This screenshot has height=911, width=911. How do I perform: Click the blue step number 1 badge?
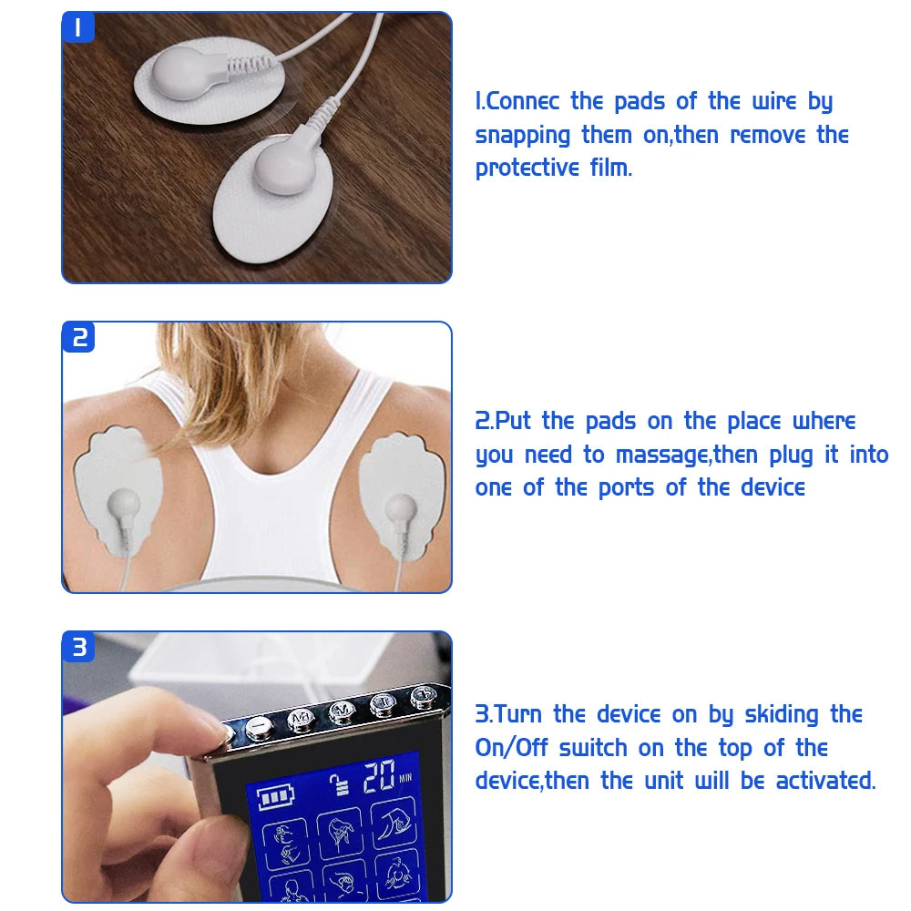click(77, 27)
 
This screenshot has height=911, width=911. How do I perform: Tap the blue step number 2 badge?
click(78, 337)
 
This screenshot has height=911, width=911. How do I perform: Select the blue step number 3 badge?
click(79, 647)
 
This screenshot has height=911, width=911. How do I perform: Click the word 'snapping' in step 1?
click(523, 136)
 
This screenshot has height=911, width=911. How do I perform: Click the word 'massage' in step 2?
click(662, 455)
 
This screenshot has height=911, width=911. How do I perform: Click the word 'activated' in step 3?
click(824, 781)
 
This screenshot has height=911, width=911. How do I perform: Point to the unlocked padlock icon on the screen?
click(343, 784)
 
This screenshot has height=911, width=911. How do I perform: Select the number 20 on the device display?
click(379, 777)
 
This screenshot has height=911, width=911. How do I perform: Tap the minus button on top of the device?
click(256, 727)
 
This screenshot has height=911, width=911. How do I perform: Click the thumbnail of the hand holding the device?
click(257, 766)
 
